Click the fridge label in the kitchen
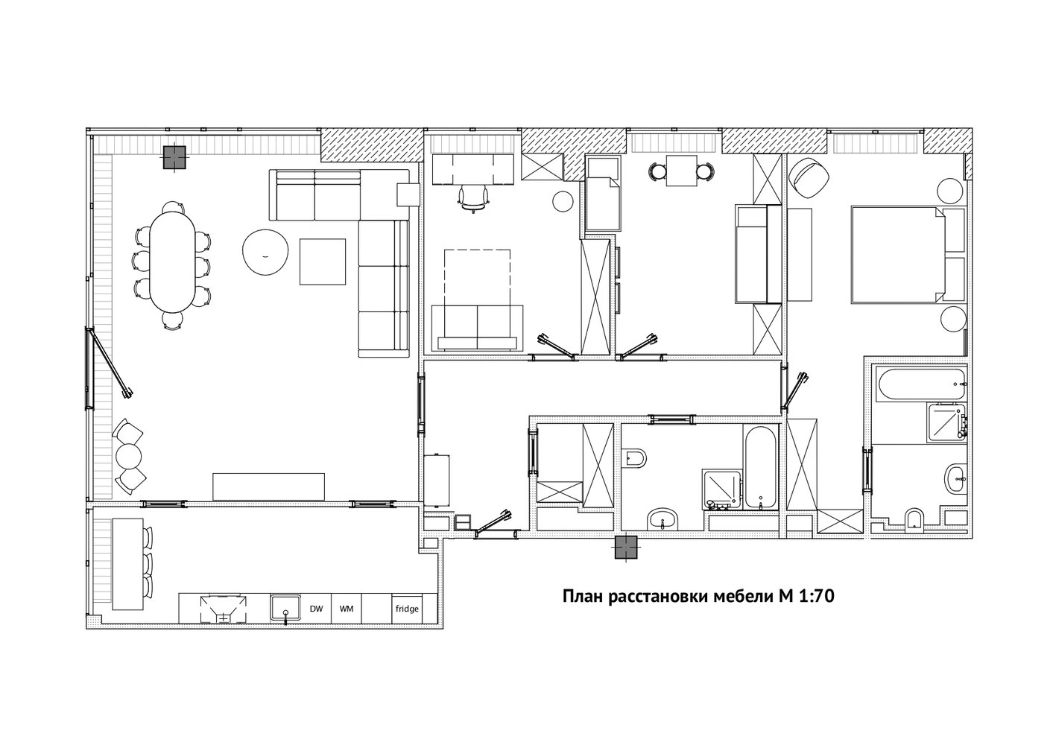tap(407, 609)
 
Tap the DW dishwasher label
tap(317, 609)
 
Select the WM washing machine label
tap(347, 609)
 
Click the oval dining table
tap(171, 261)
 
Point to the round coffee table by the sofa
tap(265, 252)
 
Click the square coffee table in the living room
tap(323, 261)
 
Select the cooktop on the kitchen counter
tap(224, 609)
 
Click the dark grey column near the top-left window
tap(174, 157)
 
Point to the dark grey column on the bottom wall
tap(626, 547)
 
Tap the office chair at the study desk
tap(473, 197)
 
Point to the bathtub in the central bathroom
tap(760, 466)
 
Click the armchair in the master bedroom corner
tap(809, 178)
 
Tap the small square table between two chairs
tap(681, 171)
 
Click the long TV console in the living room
tap(268, 486)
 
